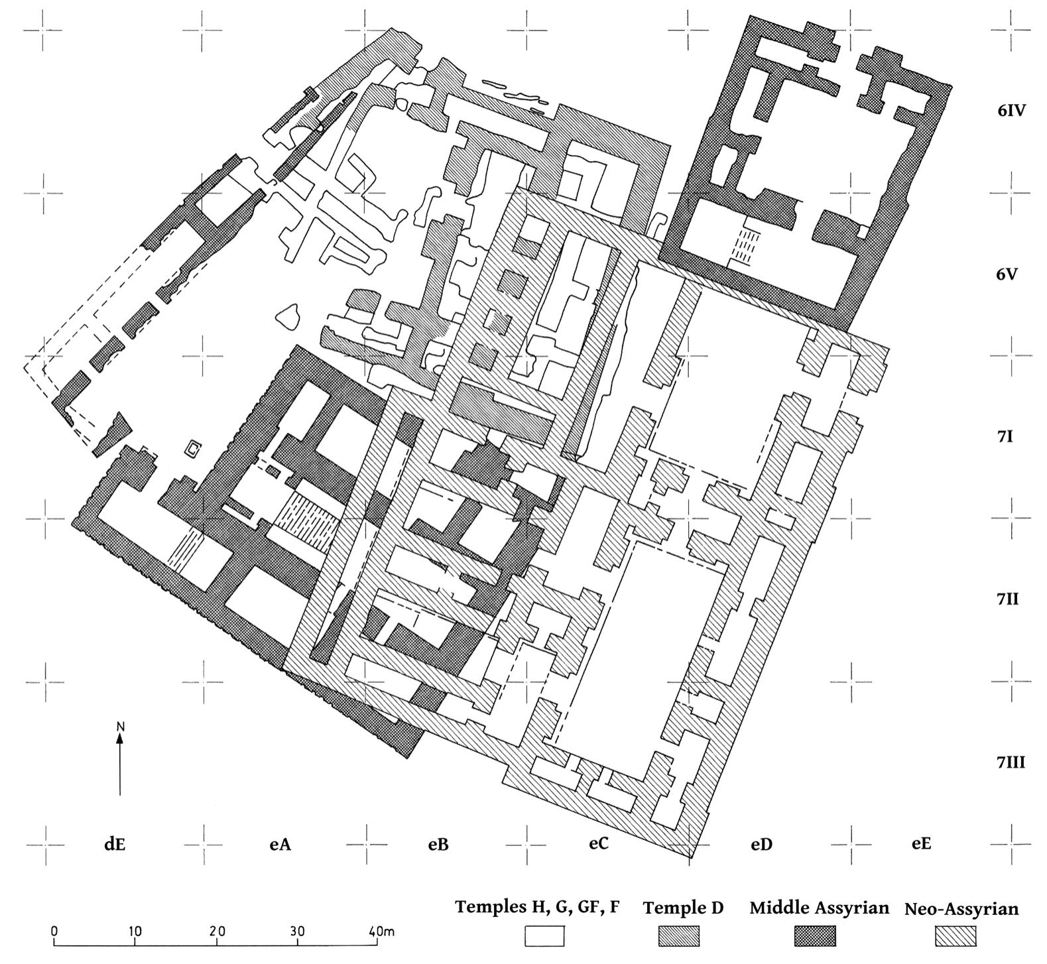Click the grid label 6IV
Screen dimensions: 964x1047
pos(1011,111)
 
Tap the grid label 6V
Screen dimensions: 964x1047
pos(1011,274)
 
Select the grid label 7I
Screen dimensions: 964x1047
pos(1005,437)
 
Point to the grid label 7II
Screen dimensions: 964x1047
pos(1007,599)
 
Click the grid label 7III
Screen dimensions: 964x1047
pos(1011,763)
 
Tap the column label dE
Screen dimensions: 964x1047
pos(114,844)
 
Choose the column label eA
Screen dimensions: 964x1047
pos(280,844)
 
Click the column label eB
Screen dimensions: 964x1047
pos(438,845)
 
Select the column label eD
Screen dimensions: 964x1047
pos(761,845)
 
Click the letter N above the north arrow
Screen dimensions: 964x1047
pos(120,727)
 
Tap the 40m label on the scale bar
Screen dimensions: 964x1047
pos(381,932)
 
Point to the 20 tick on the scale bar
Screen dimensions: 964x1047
pos(217,932)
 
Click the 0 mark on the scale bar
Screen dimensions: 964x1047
pos(54,932)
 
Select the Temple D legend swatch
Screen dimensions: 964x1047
pos(678,936)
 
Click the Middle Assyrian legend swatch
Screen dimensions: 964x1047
pos(815,936)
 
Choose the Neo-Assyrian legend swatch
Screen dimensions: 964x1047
pos(955,936)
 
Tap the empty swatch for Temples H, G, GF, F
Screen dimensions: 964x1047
pos(544,936)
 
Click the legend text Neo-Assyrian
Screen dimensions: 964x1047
pos(961,909)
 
